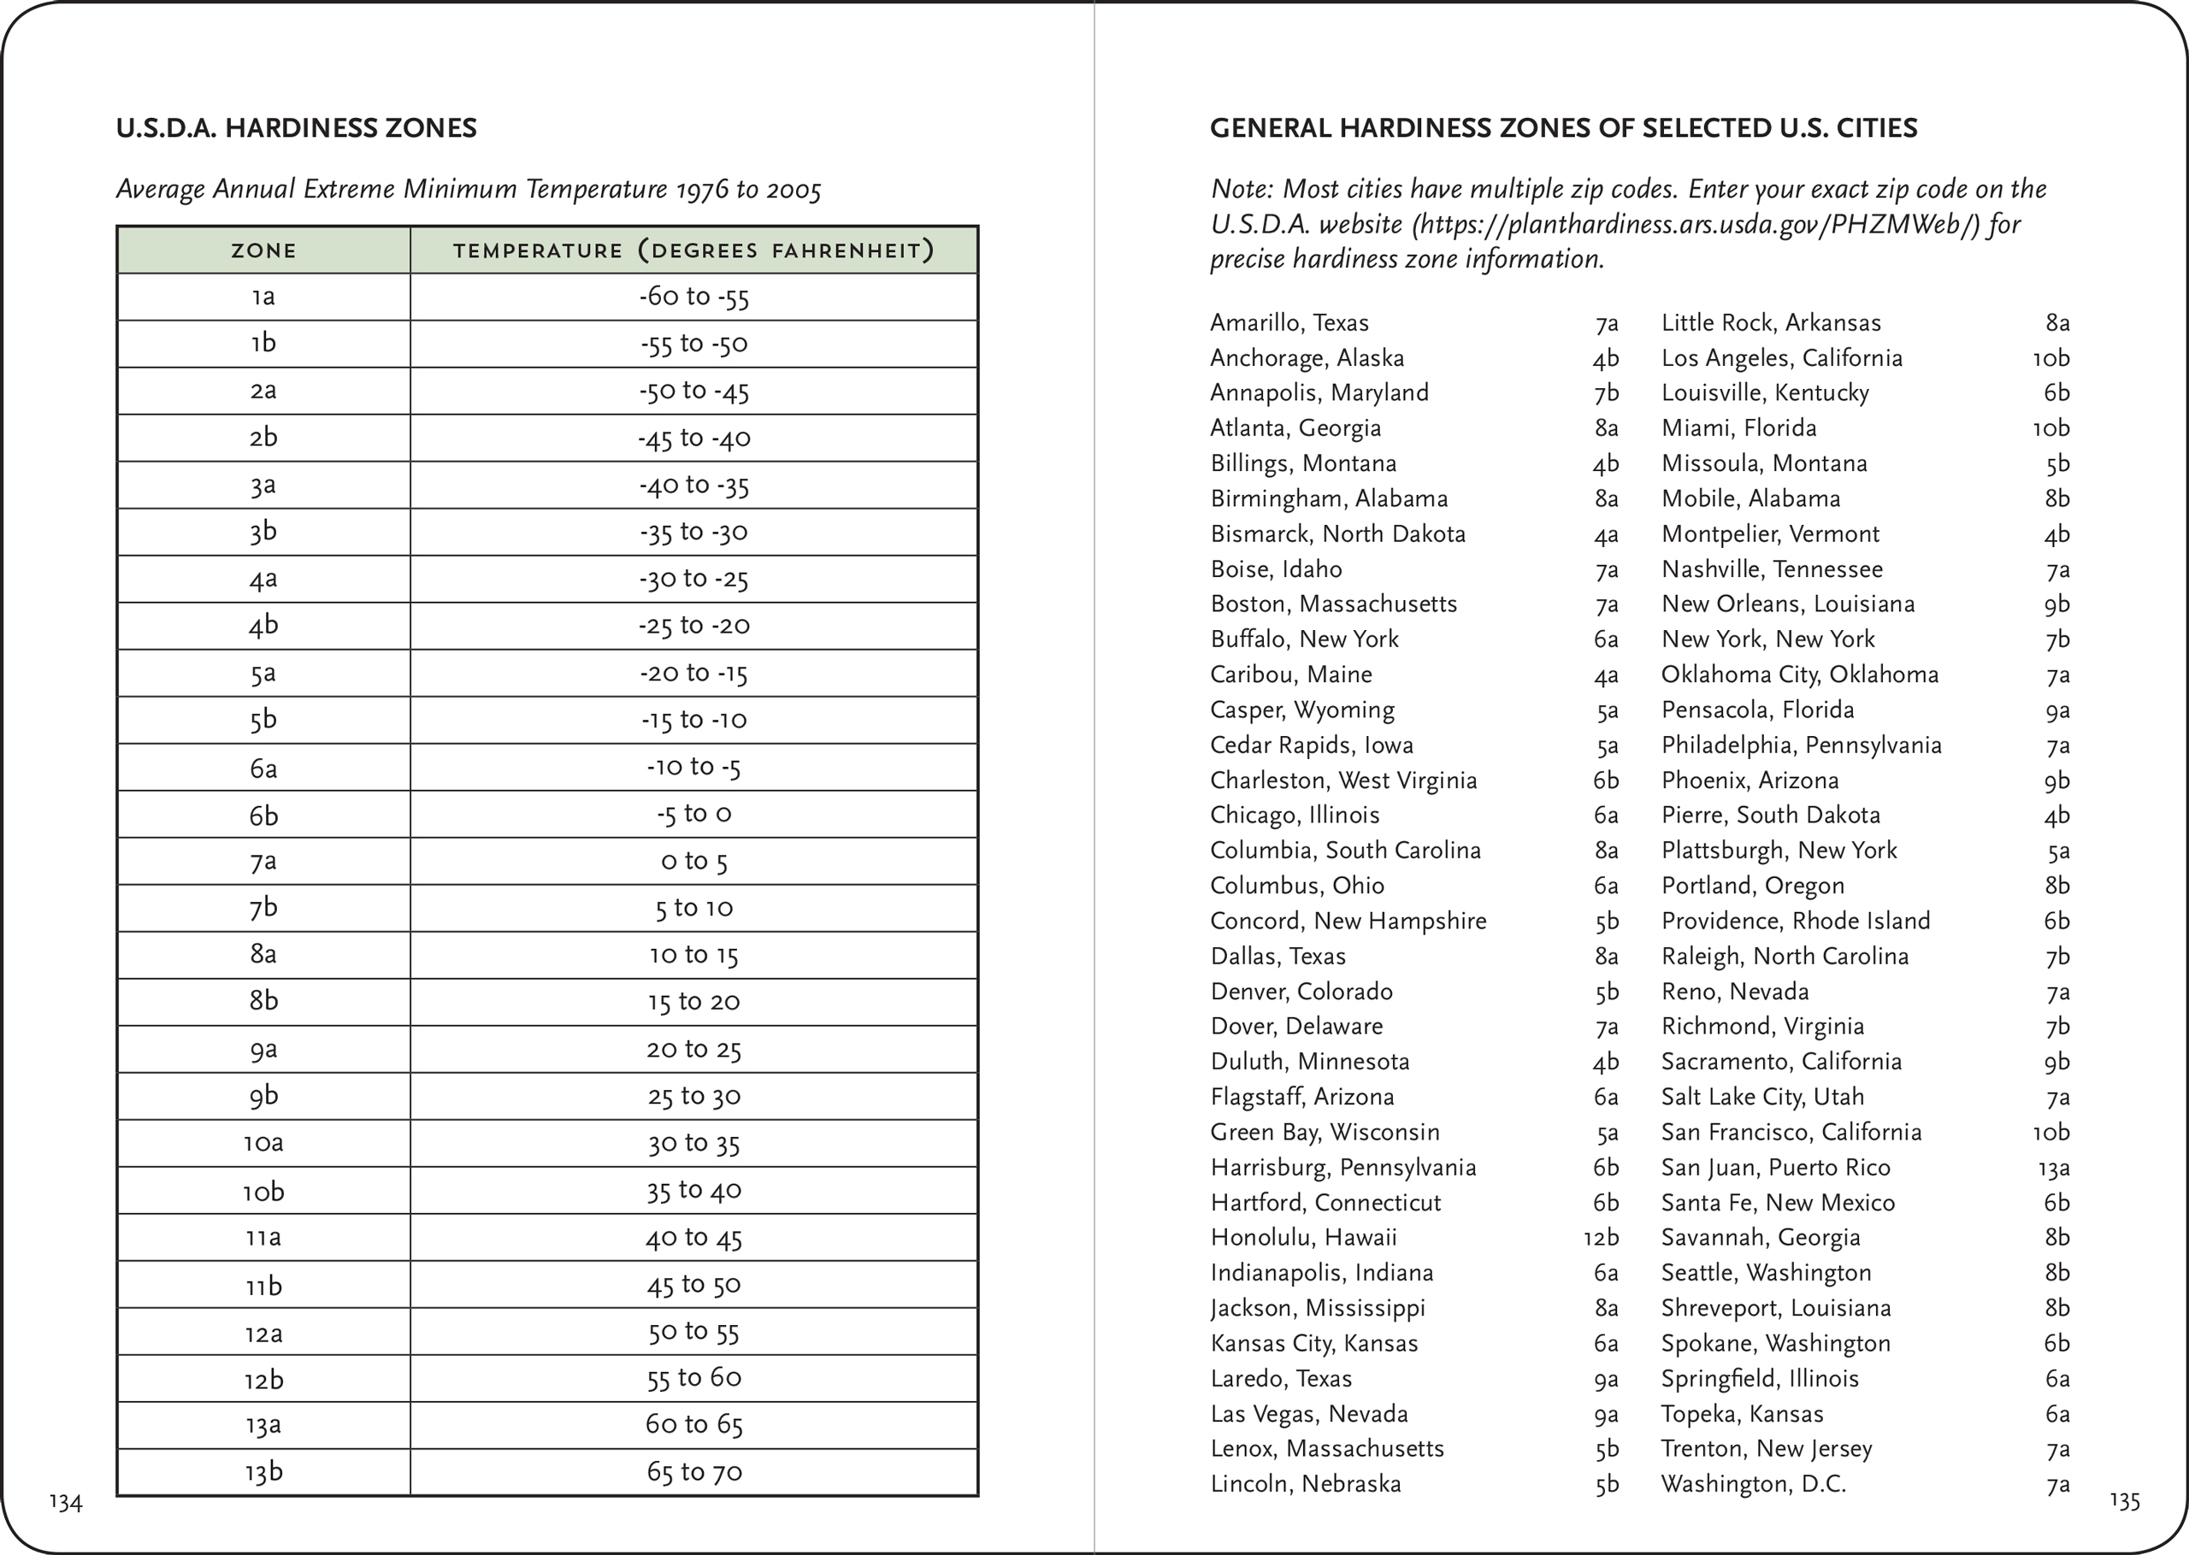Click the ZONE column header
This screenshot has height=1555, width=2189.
(263, 250)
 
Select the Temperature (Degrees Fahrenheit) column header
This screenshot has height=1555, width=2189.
(693, 250)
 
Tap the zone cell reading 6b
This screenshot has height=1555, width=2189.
(263, 815)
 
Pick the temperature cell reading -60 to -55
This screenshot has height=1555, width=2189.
(693, 297)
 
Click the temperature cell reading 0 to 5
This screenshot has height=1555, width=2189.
(693, 862)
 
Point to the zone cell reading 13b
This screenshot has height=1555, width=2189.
(263, 1472)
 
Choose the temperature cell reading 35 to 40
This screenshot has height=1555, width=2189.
(693, 1190)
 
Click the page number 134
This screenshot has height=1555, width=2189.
(66, 1502)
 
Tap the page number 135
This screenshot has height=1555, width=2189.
(2124, 1500)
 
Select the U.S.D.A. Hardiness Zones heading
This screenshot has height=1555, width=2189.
(296, 128)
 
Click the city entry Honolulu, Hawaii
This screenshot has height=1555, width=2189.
(1303, 1237)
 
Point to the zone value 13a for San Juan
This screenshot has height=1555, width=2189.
(2054, 1168)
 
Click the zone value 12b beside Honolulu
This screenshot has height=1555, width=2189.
(1600, 1237)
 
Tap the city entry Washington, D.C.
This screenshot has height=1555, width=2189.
(1753, 1484)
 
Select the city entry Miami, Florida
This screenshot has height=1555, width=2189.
(1738, 428)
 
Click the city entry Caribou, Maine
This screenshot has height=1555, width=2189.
(1291, 674)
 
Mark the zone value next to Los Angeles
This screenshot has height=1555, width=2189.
(2050, 358)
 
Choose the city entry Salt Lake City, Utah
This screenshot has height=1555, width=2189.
(1762, 1096)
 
